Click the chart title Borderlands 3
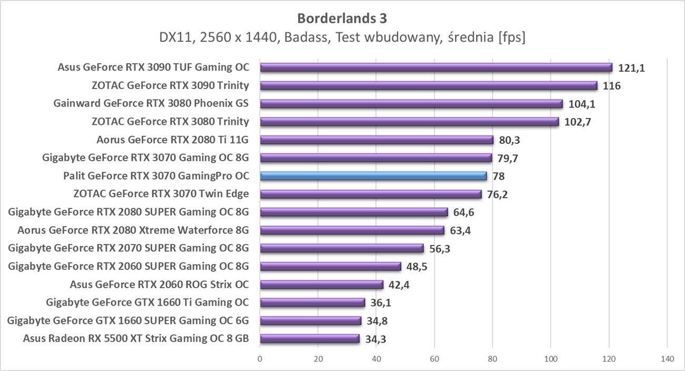tap(342, 18)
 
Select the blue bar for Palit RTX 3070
tap(373, 176)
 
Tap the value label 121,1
tap(632, 68)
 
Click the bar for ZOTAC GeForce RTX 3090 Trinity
tap(428, 86)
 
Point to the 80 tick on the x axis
tap(492, 359)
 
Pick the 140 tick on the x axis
tap(667, 359)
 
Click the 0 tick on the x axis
tap(260, 359)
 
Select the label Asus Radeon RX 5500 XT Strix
tap(136, 338)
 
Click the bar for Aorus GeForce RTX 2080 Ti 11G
tap(376, 140)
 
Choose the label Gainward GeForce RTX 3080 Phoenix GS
tap(151, 103)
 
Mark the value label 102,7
tap(579, 122)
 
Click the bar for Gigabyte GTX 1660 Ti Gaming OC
tap(312, 302)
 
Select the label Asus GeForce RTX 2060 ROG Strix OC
tap(159, 285)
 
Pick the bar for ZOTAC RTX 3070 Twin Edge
tap(370, 194)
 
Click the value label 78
tap(498, 177)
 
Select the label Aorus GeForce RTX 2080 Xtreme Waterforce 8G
tap(133, 230)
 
